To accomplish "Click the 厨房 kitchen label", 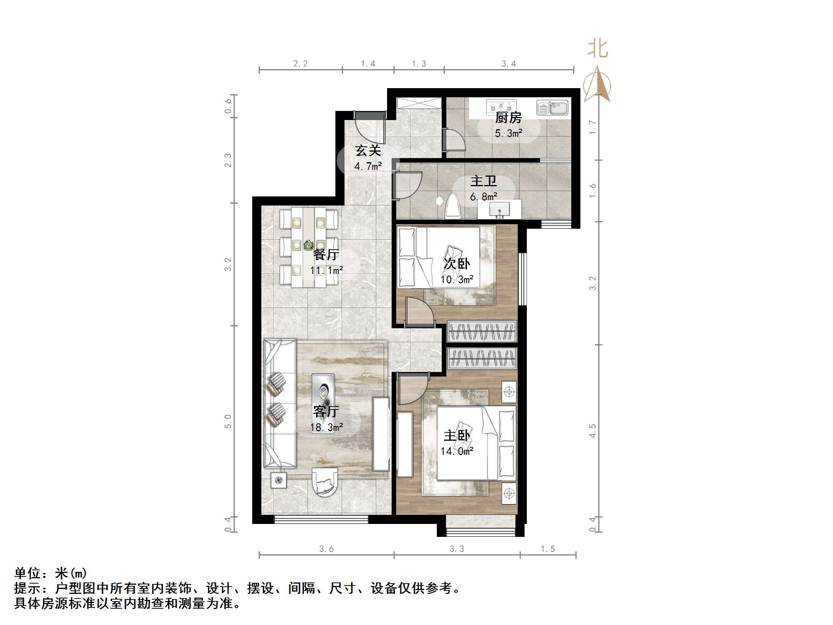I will tap(508, 117).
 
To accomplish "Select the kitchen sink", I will tap(552, 108).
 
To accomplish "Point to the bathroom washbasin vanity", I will tap(499, 209).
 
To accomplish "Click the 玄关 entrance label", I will tap(368, 151).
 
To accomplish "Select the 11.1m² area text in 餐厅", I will tap(326, 271).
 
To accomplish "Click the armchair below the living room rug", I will tap(325, 481).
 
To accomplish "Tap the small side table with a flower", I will tap(279, 480).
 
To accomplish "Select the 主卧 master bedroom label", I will tap(457, 435).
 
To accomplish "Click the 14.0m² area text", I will tap(457, 451).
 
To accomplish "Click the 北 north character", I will tap(597, 49).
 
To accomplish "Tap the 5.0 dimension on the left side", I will tap(228, 421).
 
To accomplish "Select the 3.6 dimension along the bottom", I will tap(326, 549).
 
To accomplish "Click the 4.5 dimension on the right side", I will tap(593, 431).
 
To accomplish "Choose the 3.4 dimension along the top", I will tap(508, 64).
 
